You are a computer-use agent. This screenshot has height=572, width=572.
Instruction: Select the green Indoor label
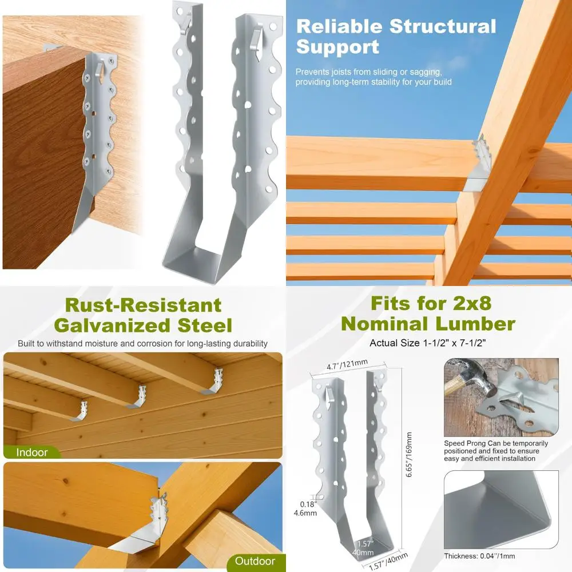[x=32, y=452]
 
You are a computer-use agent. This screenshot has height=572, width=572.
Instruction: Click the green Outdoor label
[x=255, y=561]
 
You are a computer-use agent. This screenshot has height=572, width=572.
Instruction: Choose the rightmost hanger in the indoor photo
[x=213, y=383]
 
